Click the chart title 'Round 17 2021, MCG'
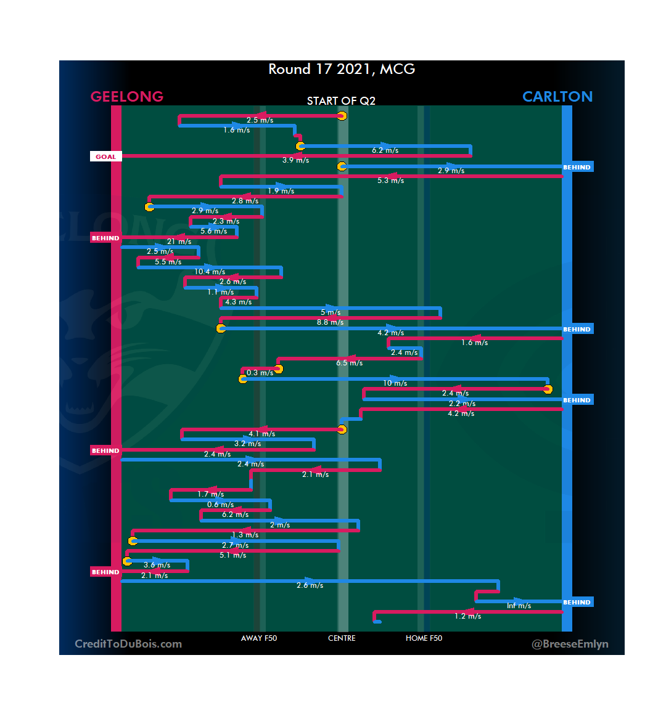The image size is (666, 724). (x=342, y=69)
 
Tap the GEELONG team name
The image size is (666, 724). (x=127, y=97)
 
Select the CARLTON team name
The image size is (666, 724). (x=557, y=97)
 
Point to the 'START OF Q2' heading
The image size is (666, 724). (x=341, y=101)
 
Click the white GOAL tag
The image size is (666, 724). (x=105, y=157)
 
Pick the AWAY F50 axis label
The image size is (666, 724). (x=259, y=638)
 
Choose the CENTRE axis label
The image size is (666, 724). (x=342, y=638)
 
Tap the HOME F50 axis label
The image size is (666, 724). (x=424, y=638)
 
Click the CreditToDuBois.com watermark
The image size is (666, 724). (x=128, y=644)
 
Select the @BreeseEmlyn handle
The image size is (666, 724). (x=570, y=644)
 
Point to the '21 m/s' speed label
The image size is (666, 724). (x=179, y=242)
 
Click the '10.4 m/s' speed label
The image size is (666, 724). (x=210, y=272)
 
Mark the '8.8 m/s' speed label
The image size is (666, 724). (x=331, y=322)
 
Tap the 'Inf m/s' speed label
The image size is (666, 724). (x=519, y=606)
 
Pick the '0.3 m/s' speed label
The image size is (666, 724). (x=260, y=373)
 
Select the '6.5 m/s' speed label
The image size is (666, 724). (x=349, y=363)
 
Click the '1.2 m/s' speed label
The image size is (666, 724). (x=468, y=616)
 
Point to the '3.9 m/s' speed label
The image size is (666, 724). (x=295, y=160)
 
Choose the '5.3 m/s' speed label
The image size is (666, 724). (x=390, y=181)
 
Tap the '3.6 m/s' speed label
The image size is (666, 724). (x=157, y=565)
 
